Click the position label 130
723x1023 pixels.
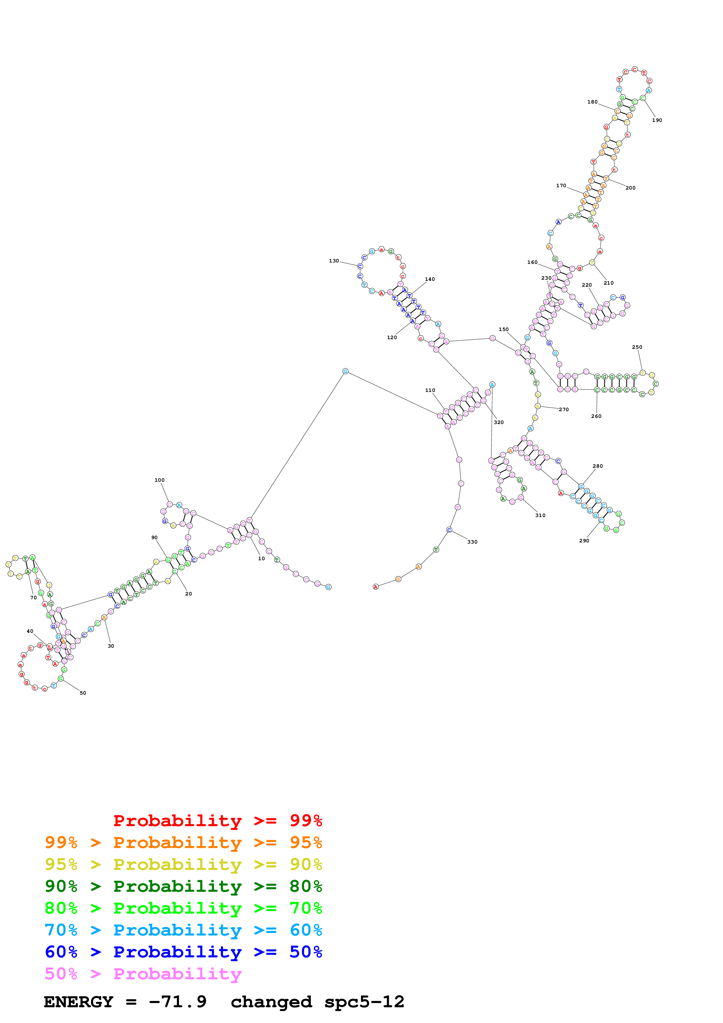click(334, 261)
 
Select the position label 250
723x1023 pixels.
click(637, 347)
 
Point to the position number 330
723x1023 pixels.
click(472, 542)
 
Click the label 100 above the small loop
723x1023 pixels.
click(160, 480)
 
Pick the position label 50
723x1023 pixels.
click(83, 693)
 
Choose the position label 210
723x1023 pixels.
click(608, 283)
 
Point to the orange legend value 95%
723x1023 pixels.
click(306, 842)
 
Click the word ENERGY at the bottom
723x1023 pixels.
click(78, 1002)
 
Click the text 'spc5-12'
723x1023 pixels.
click(364, 1002)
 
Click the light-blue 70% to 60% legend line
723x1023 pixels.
click(183, 930)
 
